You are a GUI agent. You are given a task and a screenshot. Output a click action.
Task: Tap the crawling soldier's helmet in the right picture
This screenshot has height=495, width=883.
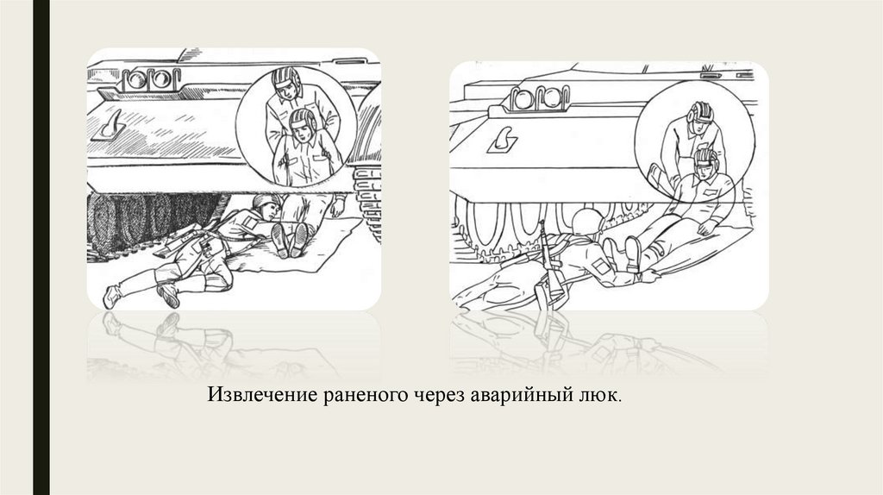(586, 221)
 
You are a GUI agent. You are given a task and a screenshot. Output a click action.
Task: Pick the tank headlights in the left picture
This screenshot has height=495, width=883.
(151, 79)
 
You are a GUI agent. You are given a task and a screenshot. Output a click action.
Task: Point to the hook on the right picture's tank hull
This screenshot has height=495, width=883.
(503, 140)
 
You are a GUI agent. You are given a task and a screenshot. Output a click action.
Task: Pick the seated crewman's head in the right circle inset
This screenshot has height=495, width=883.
(705, 162)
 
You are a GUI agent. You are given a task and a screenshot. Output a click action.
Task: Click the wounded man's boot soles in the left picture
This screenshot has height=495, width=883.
(290, 240)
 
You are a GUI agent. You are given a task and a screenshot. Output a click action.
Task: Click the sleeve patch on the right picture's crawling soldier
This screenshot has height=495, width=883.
(600, 266)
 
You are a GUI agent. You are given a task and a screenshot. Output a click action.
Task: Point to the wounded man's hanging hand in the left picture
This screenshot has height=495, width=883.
(338, 206)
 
